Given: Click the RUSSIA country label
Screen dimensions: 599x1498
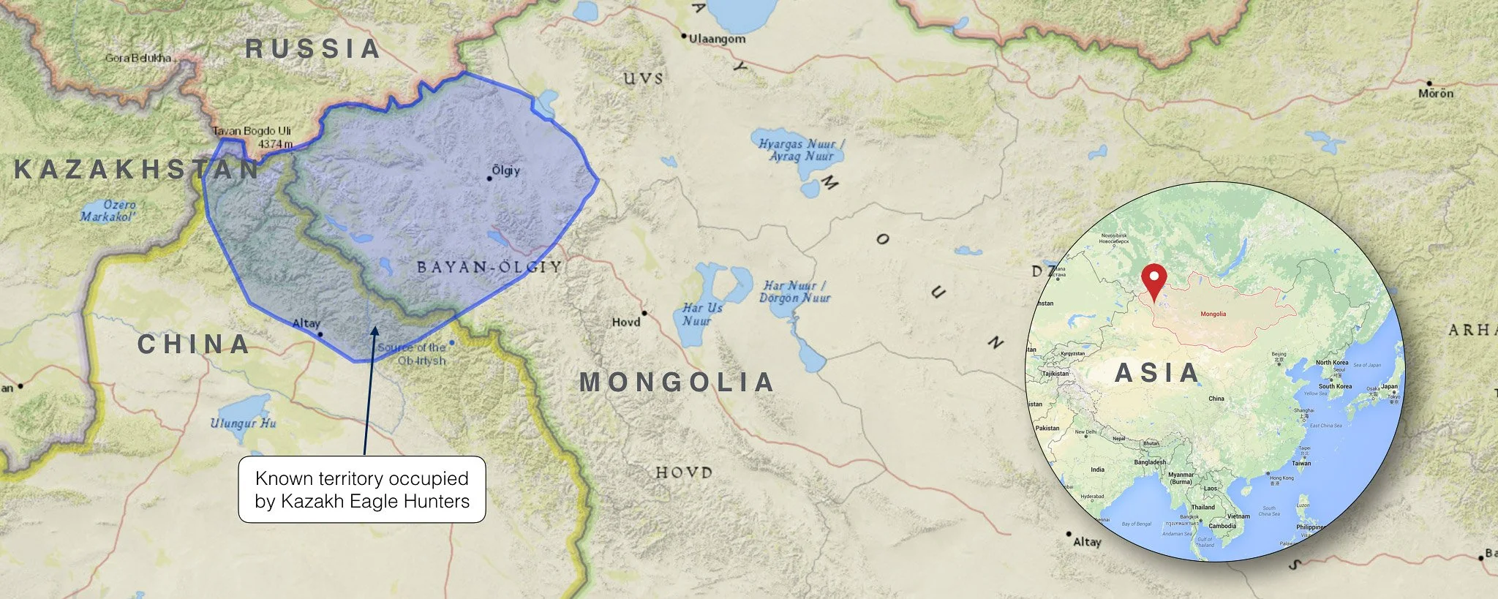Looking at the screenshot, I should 312,49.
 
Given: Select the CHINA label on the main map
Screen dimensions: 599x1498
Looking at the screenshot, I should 194,344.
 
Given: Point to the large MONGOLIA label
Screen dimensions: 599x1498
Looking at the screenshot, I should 677,382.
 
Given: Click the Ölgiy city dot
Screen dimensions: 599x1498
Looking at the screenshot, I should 490,178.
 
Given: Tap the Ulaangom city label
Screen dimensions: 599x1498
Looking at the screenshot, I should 717,39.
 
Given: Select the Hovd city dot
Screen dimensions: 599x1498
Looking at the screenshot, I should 644,313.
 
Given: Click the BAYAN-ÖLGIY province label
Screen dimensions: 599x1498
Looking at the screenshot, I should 489,267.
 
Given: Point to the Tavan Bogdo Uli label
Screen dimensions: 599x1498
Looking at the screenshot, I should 252,131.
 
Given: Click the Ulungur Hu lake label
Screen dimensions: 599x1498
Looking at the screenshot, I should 243,423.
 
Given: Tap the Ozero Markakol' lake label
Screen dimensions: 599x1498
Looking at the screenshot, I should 108,211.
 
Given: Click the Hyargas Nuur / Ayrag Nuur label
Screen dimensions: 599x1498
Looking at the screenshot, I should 801,150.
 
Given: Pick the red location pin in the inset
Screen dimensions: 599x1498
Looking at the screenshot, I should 1153,282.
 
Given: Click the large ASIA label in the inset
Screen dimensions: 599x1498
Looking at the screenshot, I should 1156,373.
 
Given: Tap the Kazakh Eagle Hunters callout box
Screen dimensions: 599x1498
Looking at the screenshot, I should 362,489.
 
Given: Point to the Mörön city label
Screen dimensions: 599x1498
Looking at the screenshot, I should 1436,93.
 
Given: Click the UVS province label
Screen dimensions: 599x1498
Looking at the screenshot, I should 644,78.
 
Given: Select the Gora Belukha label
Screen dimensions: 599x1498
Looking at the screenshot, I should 138,58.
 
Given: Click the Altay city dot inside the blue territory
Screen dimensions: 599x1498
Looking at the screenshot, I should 320,334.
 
